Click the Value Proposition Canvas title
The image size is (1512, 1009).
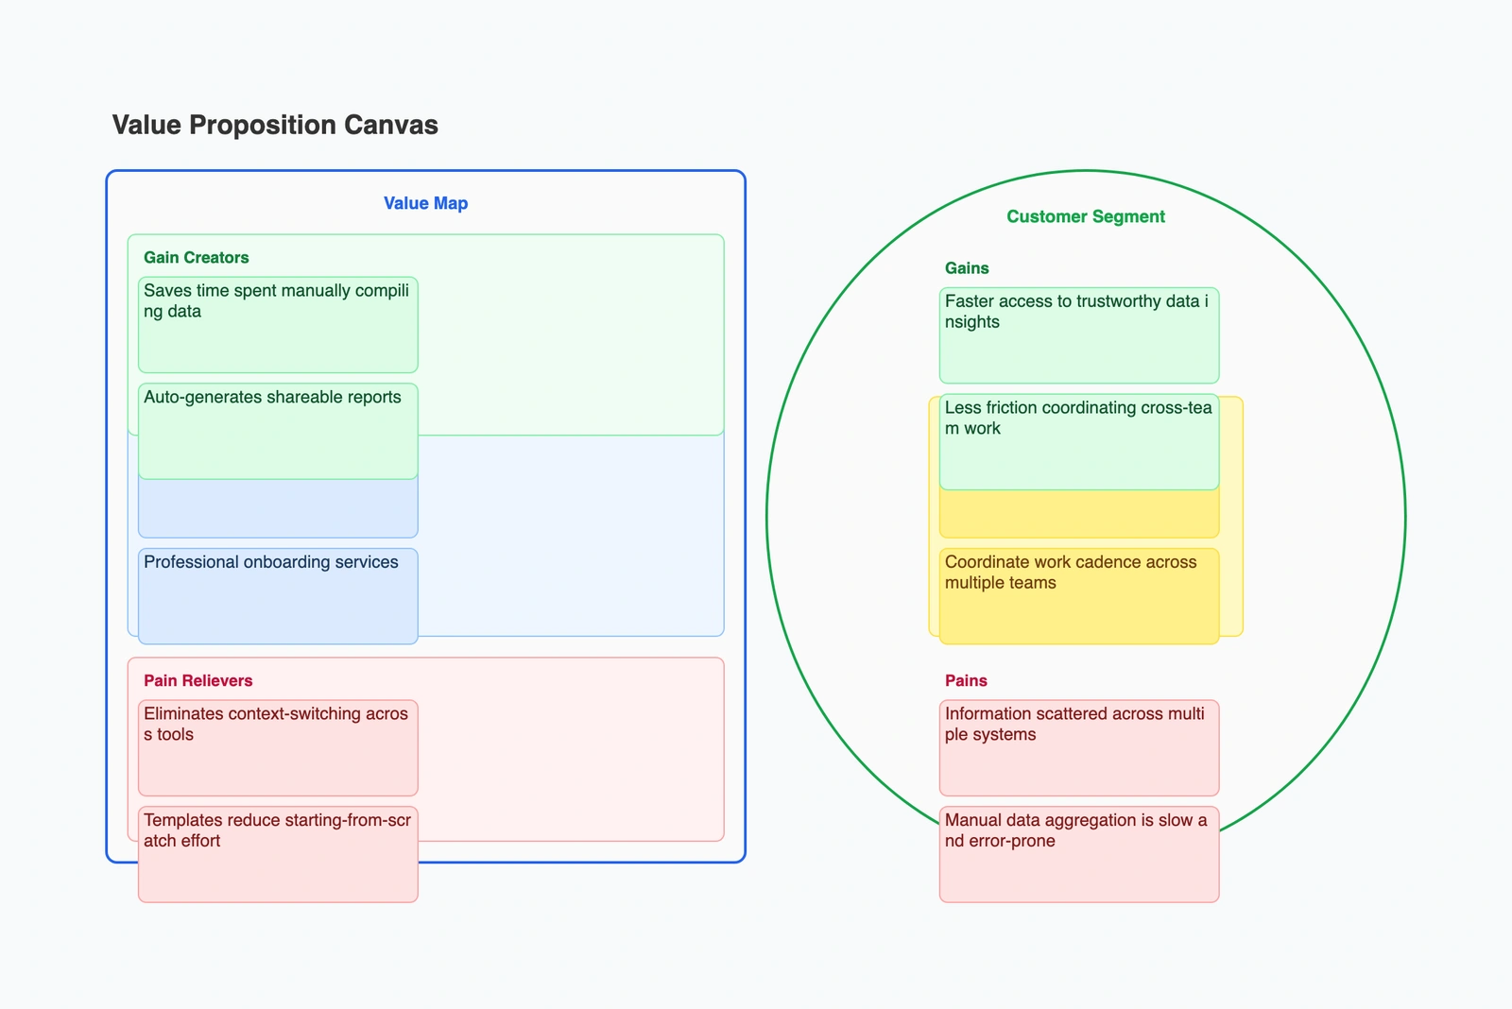pyautogui.click(x=275, y=125)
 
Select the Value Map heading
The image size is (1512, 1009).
pyautogui.click(x=425, y=203)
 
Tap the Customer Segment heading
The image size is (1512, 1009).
pyautogui.click(x=1085, y=216)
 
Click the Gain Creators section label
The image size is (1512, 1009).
pyautogui.click(x=196, y=257)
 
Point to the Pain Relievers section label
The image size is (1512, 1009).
pyautogui.click(x=198, y=680)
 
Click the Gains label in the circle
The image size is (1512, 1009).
pyautogui.click(x=967, y=268)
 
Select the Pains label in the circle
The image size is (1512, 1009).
pyautogui.click(x=966, y=680)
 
